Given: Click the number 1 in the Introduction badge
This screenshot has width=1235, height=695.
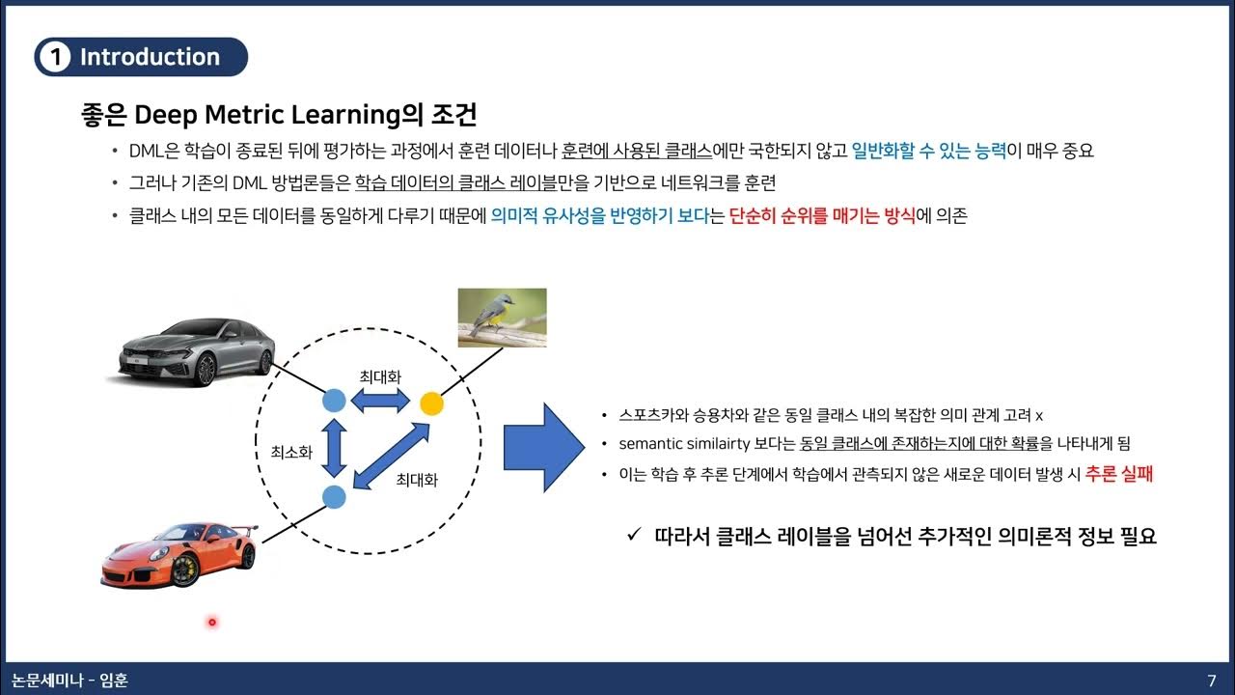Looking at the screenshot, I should tap(56, 57).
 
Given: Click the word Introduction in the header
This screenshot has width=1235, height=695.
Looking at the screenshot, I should tap(150, 57).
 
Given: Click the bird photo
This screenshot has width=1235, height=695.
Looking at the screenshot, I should tap(502, 318).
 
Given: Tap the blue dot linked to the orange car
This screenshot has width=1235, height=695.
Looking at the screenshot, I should tap(333, 497).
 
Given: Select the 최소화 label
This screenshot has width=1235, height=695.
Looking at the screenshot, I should tap(291, 452).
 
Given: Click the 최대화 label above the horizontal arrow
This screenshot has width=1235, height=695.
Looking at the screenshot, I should tap(380, 375).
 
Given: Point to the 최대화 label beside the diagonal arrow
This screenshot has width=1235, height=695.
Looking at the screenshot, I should tap(417, 479).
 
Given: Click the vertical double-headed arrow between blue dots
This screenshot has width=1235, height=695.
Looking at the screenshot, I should tap(334, 448).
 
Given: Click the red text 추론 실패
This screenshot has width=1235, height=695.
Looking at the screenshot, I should tap(1118, 474).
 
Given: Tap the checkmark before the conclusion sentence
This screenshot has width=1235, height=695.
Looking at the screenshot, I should tap(634, 535).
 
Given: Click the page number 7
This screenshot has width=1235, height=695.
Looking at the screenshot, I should tap(1212, 681).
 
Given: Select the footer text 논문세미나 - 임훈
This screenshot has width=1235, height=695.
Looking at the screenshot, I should tap(65, 681).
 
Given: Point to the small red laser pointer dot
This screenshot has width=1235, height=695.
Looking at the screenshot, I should tap(211, 622).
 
